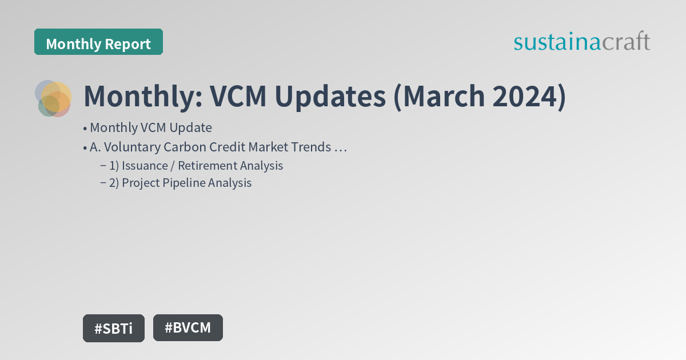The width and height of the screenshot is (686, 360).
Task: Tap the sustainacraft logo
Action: [581, 42]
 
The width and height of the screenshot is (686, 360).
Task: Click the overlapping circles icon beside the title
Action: [53, 98]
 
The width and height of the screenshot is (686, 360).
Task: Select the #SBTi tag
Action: [113, 328]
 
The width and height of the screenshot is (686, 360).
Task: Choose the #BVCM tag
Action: [188, 327]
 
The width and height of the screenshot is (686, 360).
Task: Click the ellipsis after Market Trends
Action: [341, 147]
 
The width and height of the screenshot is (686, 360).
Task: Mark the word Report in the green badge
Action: [130, 43]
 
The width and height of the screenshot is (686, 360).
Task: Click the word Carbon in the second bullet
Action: [184, 147]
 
